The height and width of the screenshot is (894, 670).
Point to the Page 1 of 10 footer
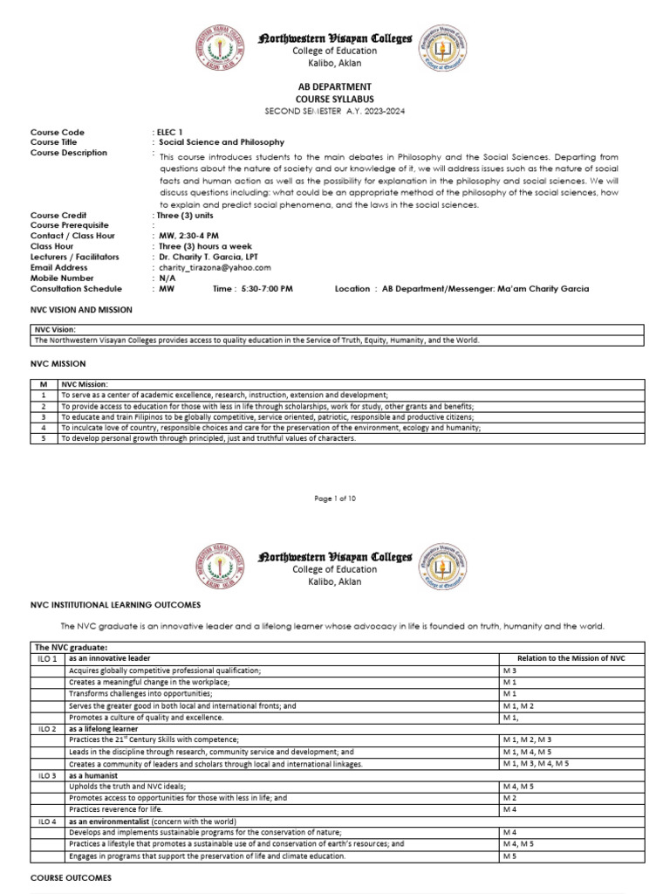tap(335, 499)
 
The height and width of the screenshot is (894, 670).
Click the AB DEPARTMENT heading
tap(335, 86)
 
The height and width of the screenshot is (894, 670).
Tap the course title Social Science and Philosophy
tap(219, 142)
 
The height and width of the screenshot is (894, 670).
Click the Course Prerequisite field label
tap(74, 225)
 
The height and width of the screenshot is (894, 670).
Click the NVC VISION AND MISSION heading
tap(81, 310)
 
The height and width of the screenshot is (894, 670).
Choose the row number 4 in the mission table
tap(43, 428)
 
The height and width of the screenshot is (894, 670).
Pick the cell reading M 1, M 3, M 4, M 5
tap(536, 763)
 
